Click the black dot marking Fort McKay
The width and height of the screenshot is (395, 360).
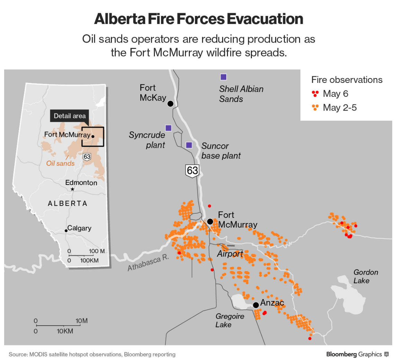pyautogui.click(x=170, y=103)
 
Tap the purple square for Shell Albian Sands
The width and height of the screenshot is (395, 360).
pyautogui.click(x=223, y=77)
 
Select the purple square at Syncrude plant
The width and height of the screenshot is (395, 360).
pyautogui.click(x=168, y=128)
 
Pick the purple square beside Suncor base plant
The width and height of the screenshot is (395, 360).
pyautogui.click(x=189, y=145)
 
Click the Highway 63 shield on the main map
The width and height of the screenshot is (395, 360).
pyautogui.click(x=192, y=171)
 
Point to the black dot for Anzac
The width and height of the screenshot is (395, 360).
pyautogui.click(x=256, y=305)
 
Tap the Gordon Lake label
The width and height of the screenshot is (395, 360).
pyautogui.click(x=366, y=276)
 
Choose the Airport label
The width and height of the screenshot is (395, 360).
pyautogui.click(x=230, y=254)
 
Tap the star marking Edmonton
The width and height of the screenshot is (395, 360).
pyautogui.click(x=72, y=189)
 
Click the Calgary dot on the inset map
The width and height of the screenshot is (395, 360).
pyautogui.click(x=66, y=231)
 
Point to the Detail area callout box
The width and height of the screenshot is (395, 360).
pyautogui.click(x=70, y=116)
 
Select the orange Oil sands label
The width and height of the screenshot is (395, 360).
pyautogui.click(x=60, y=163)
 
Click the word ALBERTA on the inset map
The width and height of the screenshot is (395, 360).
pyautogui.click(x=67, y=204)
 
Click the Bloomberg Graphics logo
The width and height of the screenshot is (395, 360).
pyautogui.click(x=357, y=354)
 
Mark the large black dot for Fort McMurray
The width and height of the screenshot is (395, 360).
pyautogui.click(x=210, y=221)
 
